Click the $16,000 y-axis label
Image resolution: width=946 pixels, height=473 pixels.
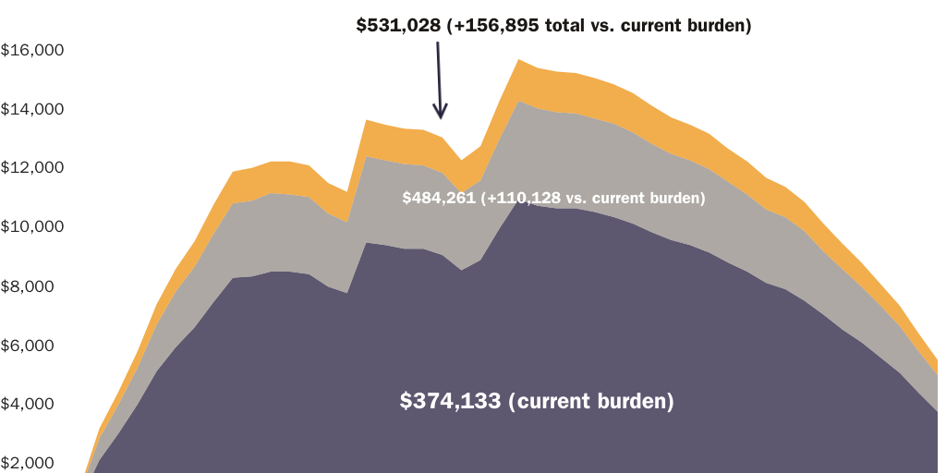[x=31, y=50]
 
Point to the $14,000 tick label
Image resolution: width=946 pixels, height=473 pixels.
[x=31, y=109]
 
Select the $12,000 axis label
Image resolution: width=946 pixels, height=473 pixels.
[x=31, y=168]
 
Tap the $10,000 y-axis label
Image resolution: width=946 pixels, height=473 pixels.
[x=31, y=227]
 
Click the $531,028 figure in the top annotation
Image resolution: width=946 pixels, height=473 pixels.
[x=398, y=27]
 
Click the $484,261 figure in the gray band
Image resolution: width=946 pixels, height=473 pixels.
[x=439, y=198]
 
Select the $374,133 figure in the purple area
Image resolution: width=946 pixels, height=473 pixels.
[x=451, y=402]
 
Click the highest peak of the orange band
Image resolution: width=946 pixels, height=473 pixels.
[x=520, y=60]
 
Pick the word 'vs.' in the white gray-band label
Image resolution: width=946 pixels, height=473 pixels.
[x=573, y=198]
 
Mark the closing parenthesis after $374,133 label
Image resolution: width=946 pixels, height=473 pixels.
[x=671, y=402]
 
